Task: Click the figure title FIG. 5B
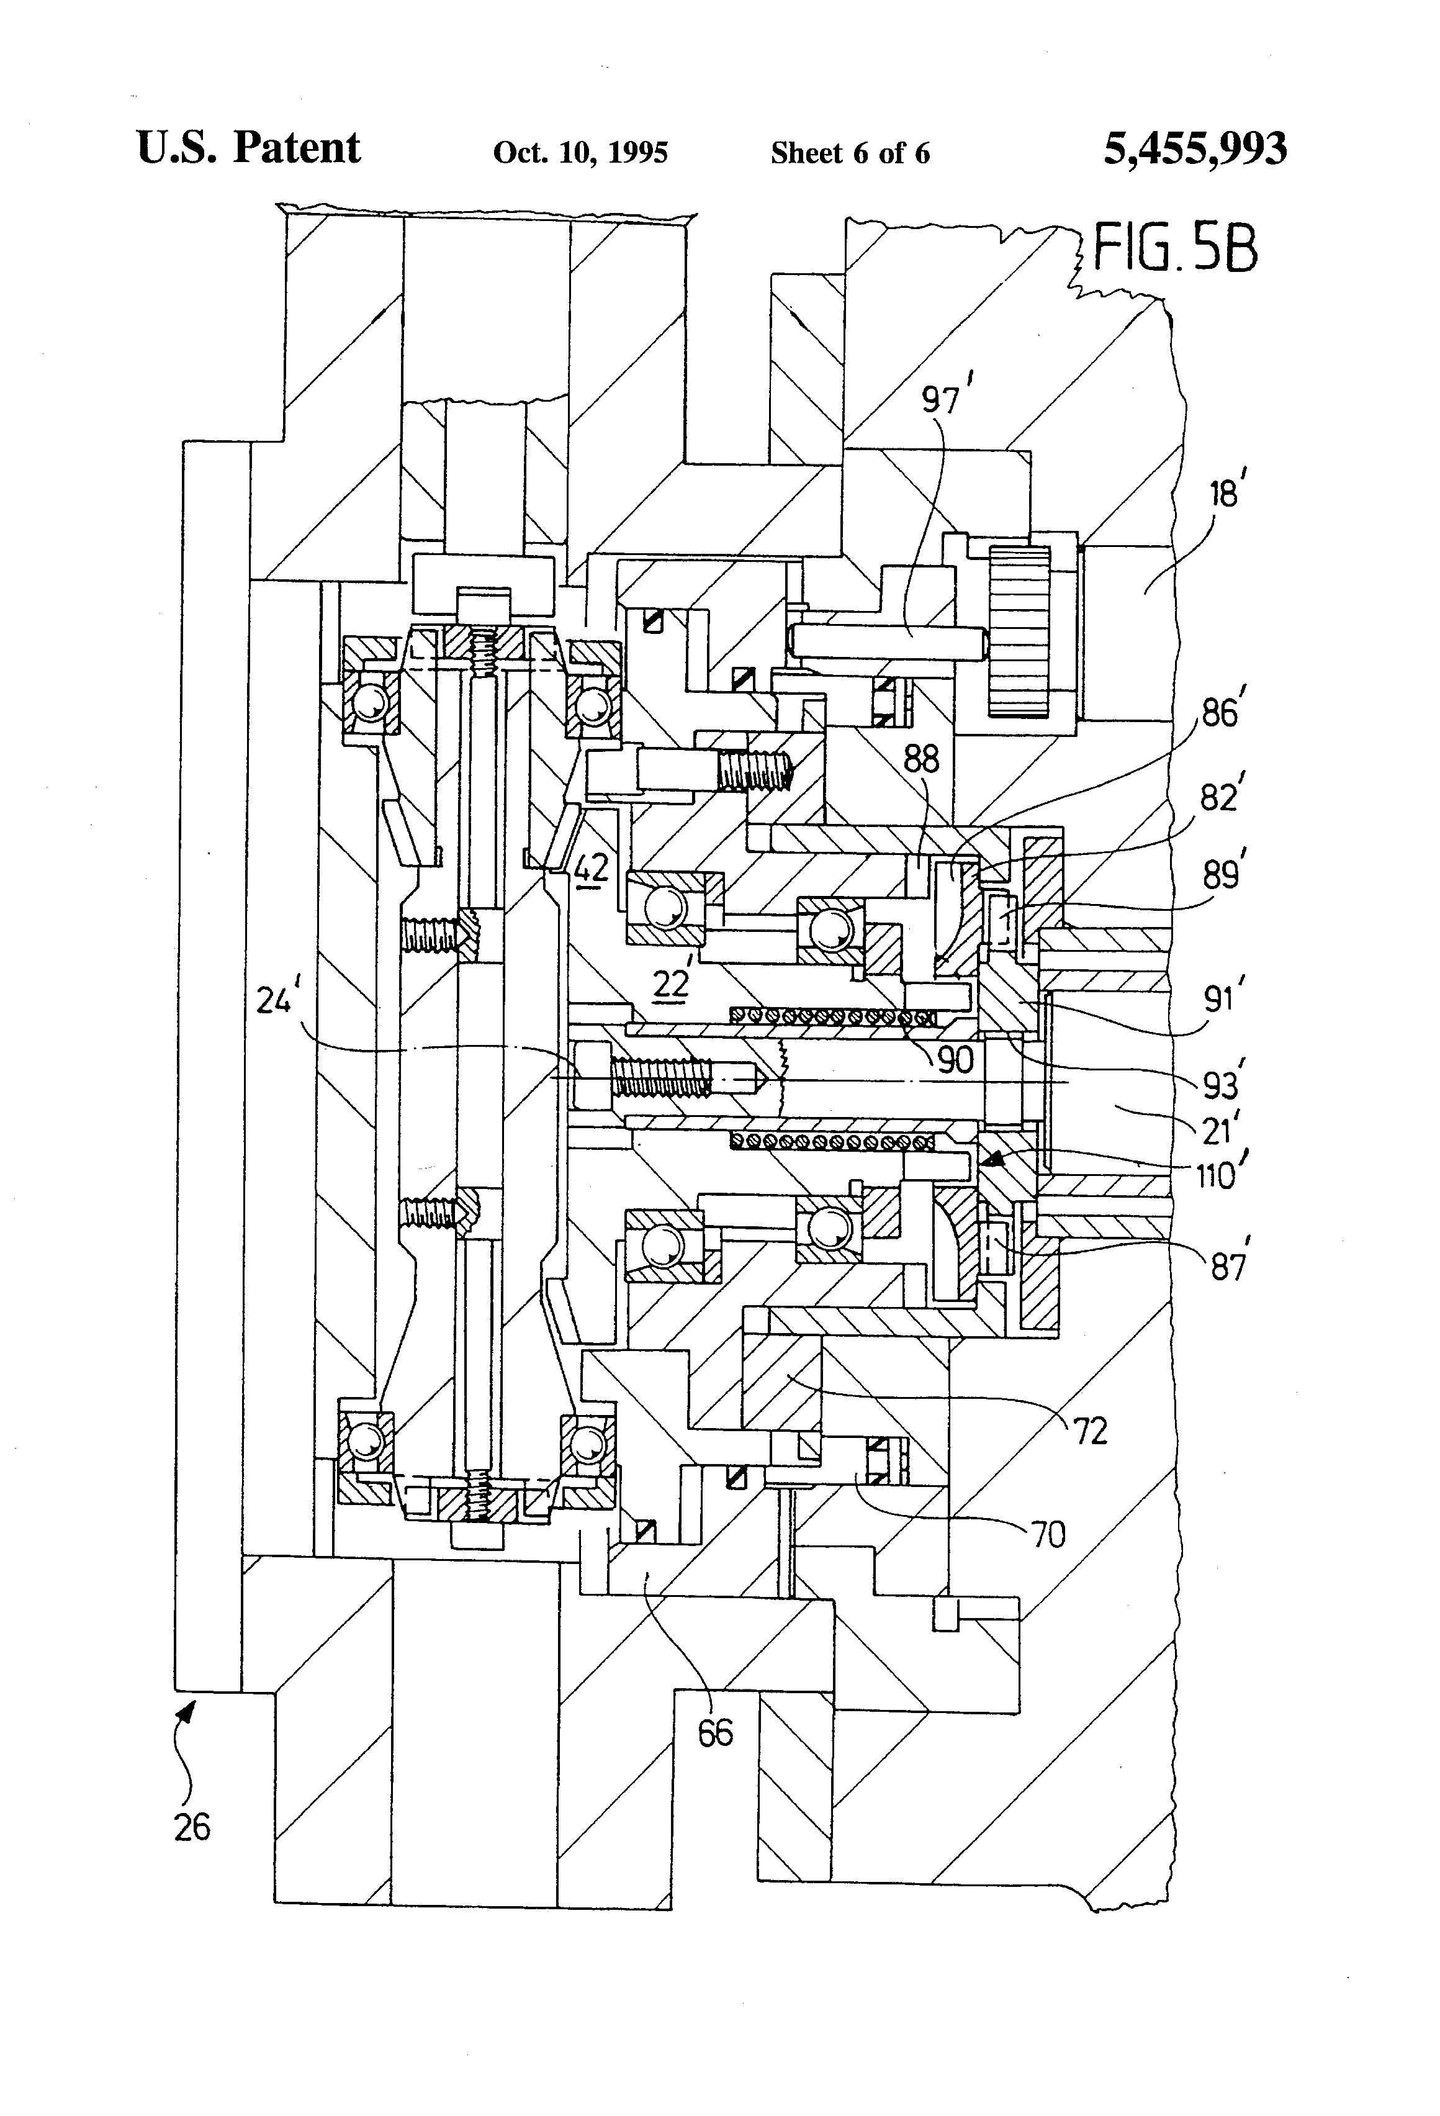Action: (1174, 248)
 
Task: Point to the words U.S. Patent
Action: (248, 148)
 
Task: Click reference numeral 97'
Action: (940, 399)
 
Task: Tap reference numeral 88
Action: (920, 759)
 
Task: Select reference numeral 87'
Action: (1227, 1267)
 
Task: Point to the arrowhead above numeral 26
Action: (189, 1711)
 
